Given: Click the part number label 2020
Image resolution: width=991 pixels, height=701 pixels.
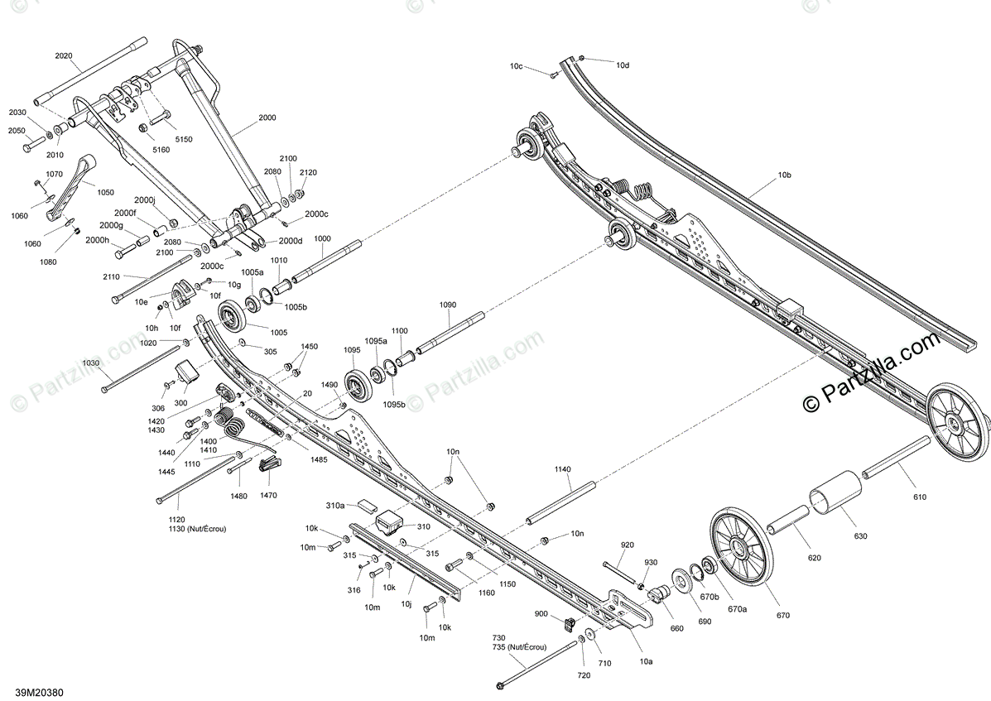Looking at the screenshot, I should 64,56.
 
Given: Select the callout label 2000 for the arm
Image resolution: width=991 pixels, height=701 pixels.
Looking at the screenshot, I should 267,118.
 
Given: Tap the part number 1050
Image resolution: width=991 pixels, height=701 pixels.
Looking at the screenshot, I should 105,191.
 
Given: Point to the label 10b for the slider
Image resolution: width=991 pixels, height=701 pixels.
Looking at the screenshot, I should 784,175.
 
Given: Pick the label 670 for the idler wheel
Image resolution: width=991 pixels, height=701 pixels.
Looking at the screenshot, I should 782,615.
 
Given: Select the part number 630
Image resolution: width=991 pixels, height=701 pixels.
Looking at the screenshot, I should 860,536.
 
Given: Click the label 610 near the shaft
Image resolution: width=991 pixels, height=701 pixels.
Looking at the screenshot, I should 919,497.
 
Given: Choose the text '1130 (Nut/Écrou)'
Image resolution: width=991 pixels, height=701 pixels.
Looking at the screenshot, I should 196,529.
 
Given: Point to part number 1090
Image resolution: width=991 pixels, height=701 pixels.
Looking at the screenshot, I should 447,305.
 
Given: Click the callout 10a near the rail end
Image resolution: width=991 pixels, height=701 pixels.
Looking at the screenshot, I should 646,661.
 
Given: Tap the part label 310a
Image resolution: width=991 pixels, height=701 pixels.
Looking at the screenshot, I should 335,505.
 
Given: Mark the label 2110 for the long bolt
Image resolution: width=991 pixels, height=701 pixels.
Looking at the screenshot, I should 112,276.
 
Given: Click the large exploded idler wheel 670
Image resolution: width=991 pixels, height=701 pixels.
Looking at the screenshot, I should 739,548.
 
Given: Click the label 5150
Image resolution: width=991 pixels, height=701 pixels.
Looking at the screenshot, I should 182,139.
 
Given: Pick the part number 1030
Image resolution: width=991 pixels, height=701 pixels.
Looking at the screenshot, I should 91,363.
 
